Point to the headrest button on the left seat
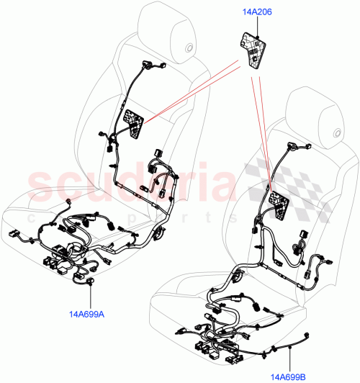point(189,49)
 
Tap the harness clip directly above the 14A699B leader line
point(289,347)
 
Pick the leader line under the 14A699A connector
point(89,297)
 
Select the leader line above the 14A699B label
point(289,360)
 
